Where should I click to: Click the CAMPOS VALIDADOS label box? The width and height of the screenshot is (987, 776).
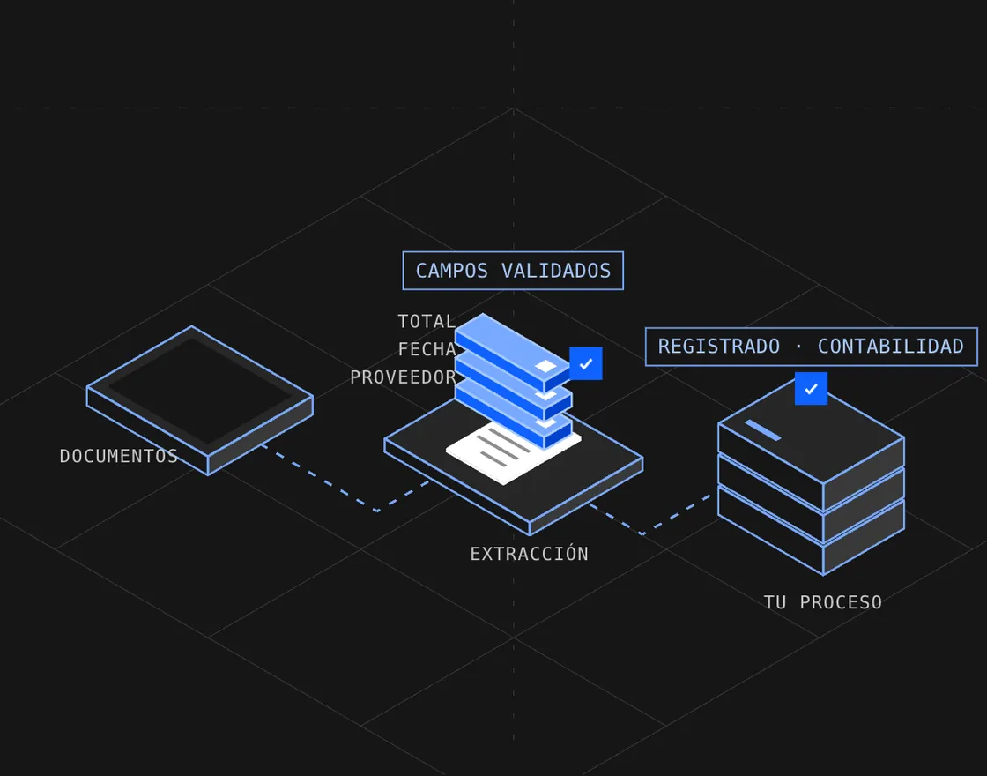click(513, 271)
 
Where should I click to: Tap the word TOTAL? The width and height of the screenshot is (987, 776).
click(427, 321)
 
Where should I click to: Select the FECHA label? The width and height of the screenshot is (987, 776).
click(427, 349)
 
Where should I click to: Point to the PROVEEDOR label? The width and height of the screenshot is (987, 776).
click(403, 377)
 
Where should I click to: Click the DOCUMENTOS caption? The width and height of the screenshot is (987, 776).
click(118, 456)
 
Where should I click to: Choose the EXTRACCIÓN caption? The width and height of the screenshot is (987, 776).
click(529, 554)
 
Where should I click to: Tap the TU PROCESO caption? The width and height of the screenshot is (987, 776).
click(823, 602)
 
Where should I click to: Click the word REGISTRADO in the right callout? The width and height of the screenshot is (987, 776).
click(719, 347)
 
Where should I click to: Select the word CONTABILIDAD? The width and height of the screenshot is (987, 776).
click(891, 347)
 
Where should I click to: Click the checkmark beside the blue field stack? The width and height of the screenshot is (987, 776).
click(586, 363)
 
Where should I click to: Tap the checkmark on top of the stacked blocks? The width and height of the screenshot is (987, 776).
click(811, 389)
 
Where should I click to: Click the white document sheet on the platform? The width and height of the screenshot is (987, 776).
click(513, 451)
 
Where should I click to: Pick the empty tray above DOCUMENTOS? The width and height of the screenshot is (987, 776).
click(199, 400)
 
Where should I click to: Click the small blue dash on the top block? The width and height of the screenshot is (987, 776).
click(763, 429)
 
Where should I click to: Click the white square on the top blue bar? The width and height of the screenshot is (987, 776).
click(545, 366)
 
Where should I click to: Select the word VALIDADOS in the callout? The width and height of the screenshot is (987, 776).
click(556, 271)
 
